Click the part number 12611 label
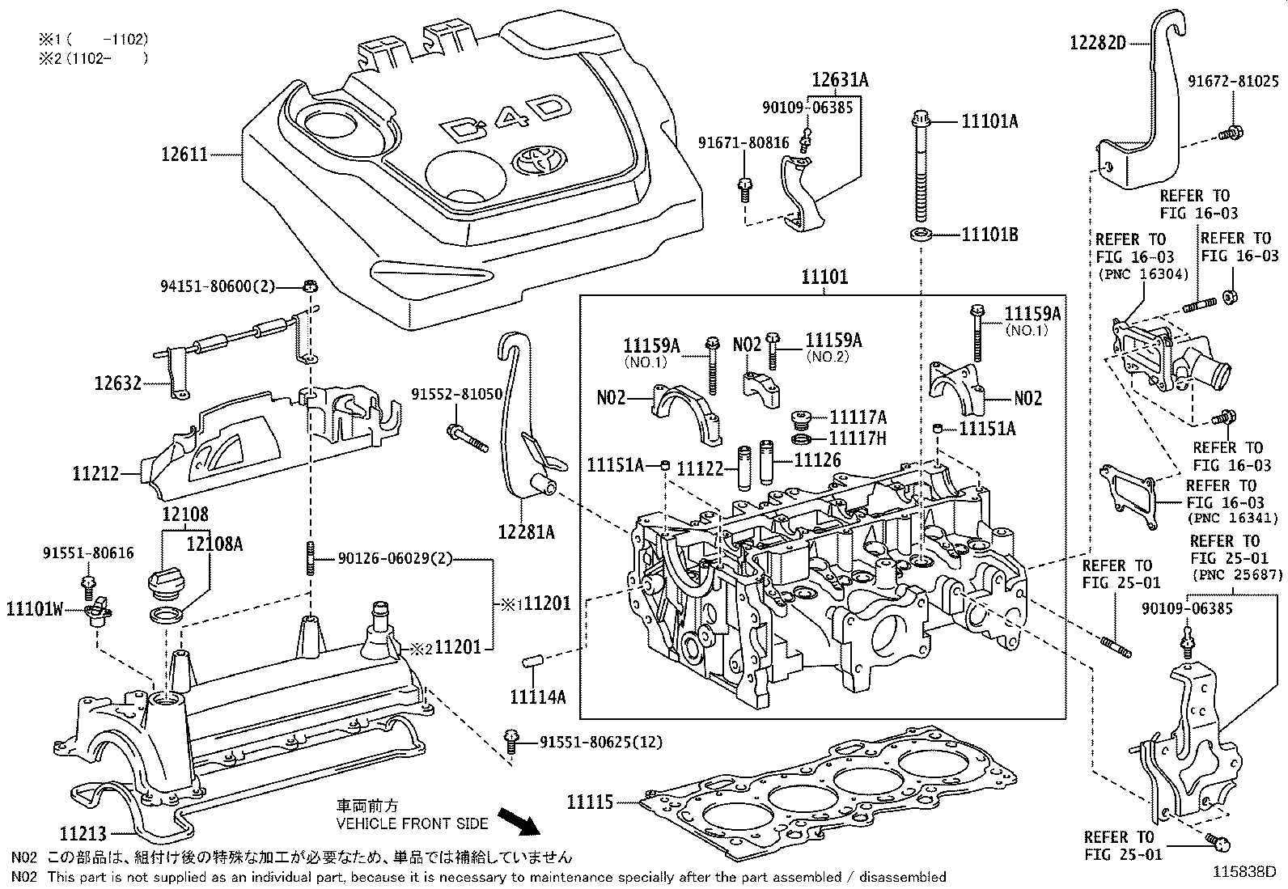pyautogui.click(x=184, y=154)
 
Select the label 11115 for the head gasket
pyautogui.click(x=590, y=802)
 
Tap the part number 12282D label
pyautogui.click(x=1097, y=42)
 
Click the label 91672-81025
pyautogui.click(x=1233, y=82)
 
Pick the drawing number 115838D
pyautogui.click(x=1243, y=872)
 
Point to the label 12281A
pyautogui.click(x=527, y=531)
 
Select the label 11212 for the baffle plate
pyautogui.click(x=95, y=474)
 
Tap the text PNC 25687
pyautogui.click(x=1237, y=575)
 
